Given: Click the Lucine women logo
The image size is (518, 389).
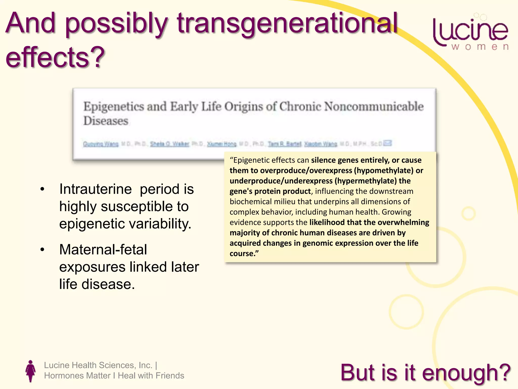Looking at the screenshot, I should pyautogui.click(x=471, y=33).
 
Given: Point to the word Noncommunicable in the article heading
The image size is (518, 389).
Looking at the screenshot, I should pyautogui.click(x=374, y=106).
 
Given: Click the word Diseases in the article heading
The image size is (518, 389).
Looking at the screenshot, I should pyautogui.click(x=106, y=121).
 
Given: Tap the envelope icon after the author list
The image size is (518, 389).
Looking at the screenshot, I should pyautogui.click(x=387, y=143).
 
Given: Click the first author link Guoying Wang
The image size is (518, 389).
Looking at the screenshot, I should pyautogui.click(x=101, y=144).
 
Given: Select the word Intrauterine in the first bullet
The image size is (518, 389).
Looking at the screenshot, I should pyautogui.click(x=95, y=189).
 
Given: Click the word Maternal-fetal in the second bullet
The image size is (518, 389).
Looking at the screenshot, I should pyautogui.click(x=103, y=249).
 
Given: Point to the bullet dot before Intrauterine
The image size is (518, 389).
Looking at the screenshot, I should pyautogui.click(x=42, y=189).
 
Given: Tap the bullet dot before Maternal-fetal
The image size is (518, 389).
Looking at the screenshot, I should pyautogui.click(x=42, y=250).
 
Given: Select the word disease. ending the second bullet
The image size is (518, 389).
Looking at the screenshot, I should pyautogui.click(x=108, y=284).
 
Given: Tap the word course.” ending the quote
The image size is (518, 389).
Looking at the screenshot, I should pyautogui.click(x=244, y=254).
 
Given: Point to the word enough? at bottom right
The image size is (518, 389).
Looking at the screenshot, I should pyautogui.click(x=466, y=373).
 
